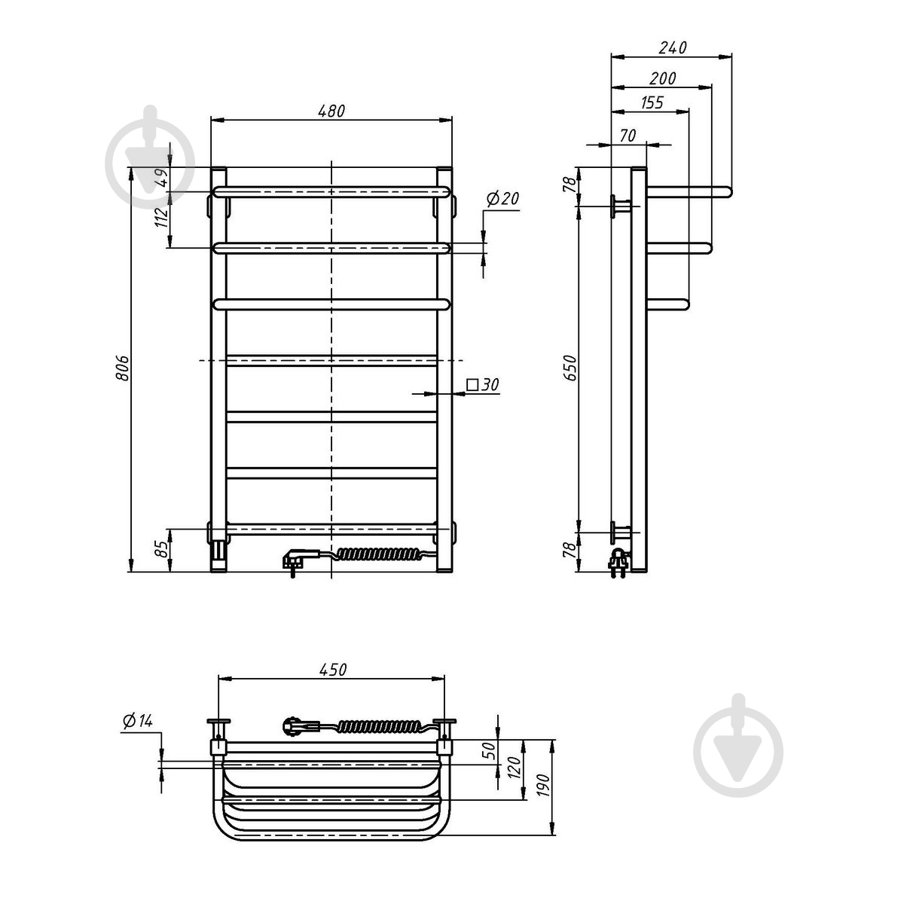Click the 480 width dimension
pyautogui.click(x=331, y=111)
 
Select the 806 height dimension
pyautogui.click(x=122, y=368)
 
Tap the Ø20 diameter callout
pyautogui.click(x=502, y=199)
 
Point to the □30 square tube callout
pyautogui.click(x=483, y=385)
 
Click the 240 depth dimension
pyautogui.click(x=673, y=48)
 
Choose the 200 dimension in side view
pyautogui.click(x=662, y=78)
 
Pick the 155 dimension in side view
pyautogui.click(x=652, y=102)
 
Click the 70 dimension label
pyautogui.click(x=628, y=136)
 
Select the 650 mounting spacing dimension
pyautogui.click(x=570, y=368)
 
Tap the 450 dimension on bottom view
pyautogui.click(x=333, y=670)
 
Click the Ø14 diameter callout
pyautogui.click(x=137, y=721)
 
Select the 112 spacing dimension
pyautogui.click(x=161, y=217)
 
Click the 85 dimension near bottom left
pyautogui.click(x=161, y=549)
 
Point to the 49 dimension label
pyautogui.click(x=161, y=178)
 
